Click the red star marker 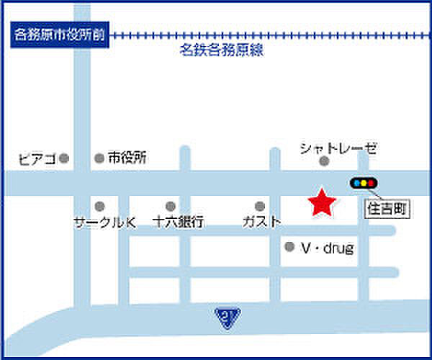coord(321,203)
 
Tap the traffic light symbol coord(363,183)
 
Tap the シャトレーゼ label coord(338,148)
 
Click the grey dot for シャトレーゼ coord(325,161)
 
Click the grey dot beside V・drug coord(289,247)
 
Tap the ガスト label coord(261,222)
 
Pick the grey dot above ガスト coord(261,207)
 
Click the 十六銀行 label coord(179,222)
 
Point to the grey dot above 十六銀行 coord(171,207)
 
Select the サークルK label coord(105,222)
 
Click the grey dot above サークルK coord(99,207)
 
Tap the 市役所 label coord(127,158)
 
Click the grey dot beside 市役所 coord(99,158)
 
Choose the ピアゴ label coord(37,158)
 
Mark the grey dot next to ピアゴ coord(64,158)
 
